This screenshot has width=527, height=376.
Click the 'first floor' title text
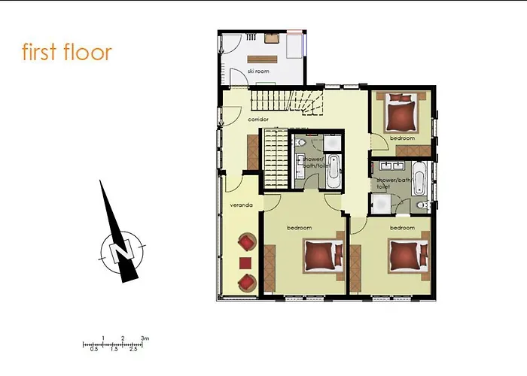coord(67,53)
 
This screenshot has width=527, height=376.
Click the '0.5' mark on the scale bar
coord(94,350)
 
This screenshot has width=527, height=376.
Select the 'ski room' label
coord(258,71)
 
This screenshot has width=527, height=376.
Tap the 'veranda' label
coord(240,205)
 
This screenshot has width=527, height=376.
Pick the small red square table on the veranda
coord(245,262)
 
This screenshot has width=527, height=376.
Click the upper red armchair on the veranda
coord(246,243)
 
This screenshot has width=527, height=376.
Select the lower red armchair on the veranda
coord(246,281)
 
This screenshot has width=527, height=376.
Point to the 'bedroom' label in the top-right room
coord(402,138)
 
